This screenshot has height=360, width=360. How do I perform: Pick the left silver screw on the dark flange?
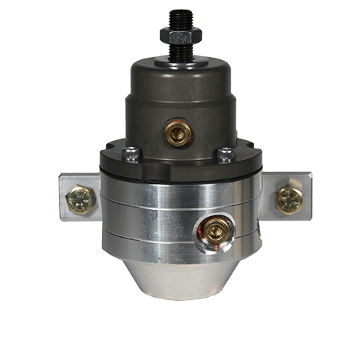coord(132,154)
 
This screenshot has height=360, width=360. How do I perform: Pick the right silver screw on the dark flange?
coord(225,154)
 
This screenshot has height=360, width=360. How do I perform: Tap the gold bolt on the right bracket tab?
coord(288,197)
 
